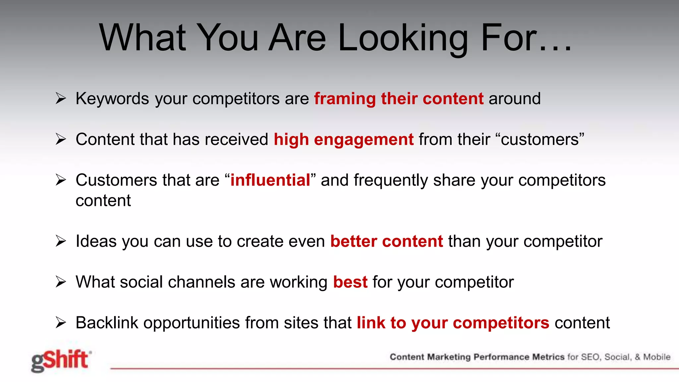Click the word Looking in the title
pos(403,38)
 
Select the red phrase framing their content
pos(399,99)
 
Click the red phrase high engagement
pos(343,140)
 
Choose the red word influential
pos(270,180)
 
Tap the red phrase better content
pos(387,241)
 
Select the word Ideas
pos(96,241)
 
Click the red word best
pos(350,282)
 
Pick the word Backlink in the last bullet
pos(107,323)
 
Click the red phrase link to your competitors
pos(453,323)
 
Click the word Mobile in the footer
pos(657,357)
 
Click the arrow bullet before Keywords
pos(61,98)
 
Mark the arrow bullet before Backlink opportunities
pos(61,323)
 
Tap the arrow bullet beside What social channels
pos(61,282)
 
